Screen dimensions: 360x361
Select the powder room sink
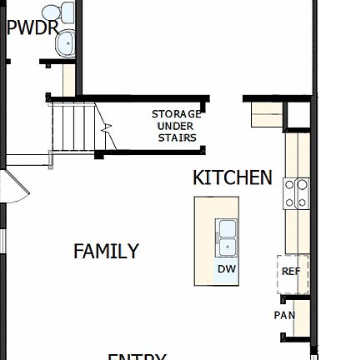(64, 44)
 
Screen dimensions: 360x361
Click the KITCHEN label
(232, 177)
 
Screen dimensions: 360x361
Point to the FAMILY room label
(106, 251)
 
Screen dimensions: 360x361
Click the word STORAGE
(176, 114)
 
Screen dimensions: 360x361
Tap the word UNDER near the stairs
(176, 126)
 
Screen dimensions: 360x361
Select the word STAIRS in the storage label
(177, 137)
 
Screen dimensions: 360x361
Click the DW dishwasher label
(227, 269)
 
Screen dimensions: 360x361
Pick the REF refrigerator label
(291, 272)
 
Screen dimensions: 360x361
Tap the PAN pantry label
(284, 316)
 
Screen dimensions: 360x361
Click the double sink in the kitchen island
(227, 237)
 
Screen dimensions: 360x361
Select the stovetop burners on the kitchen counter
(297, 193)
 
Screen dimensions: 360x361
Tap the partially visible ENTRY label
(137, 356)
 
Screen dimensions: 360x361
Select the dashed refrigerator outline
(293, 273)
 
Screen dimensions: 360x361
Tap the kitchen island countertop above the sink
(217, 207)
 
